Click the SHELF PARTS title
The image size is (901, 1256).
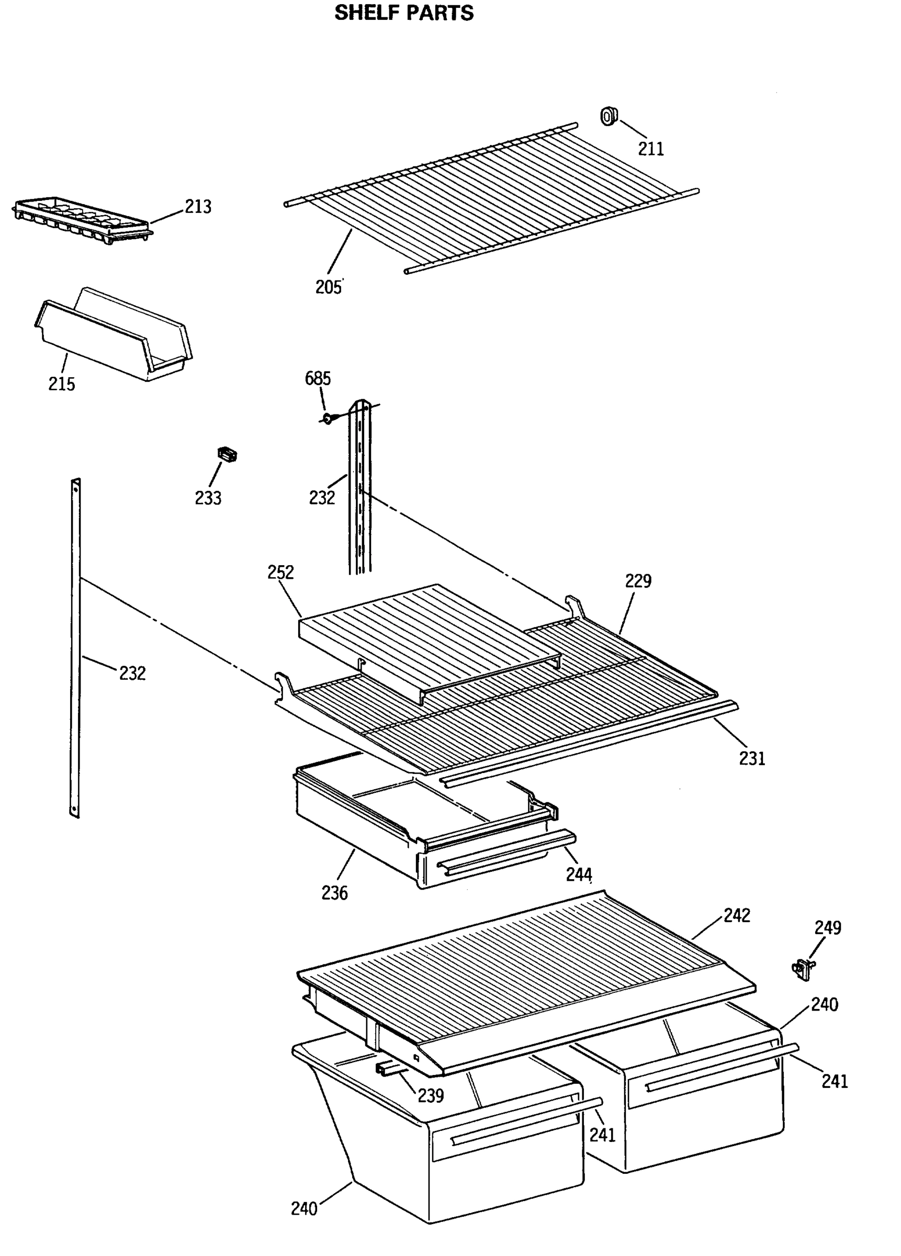[x=404, y=13]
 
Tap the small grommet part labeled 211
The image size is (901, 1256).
[x=609, y=116]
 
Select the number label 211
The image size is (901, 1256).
[x=651, y=149]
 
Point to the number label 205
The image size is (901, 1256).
[x=329, y=287]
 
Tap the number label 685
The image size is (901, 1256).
[x=318, y=378]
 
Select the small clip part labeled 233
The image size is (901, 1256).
[x=228, y=454]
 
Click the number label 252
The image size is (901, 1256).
[x=281, y=572]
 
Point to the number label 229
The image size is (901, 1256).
[x=638, y=580]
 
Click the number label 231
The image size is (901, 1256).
[x=752, y=758]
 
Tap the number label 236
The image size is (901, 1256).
[x=334, y=892]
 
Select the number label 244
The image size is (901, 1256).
[x=579, y=874]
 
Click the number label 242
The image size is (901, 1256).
[x=737, y=915]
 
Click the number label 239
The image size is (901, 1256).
[x=431, y=1095]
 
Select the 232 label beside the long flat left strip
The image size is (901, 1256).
[x=132, y=673]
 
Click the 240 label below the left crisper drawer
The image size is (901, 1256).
[x=304, y=1208]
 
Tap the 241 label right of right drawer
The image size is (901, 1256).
[x=835, y=1081]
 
